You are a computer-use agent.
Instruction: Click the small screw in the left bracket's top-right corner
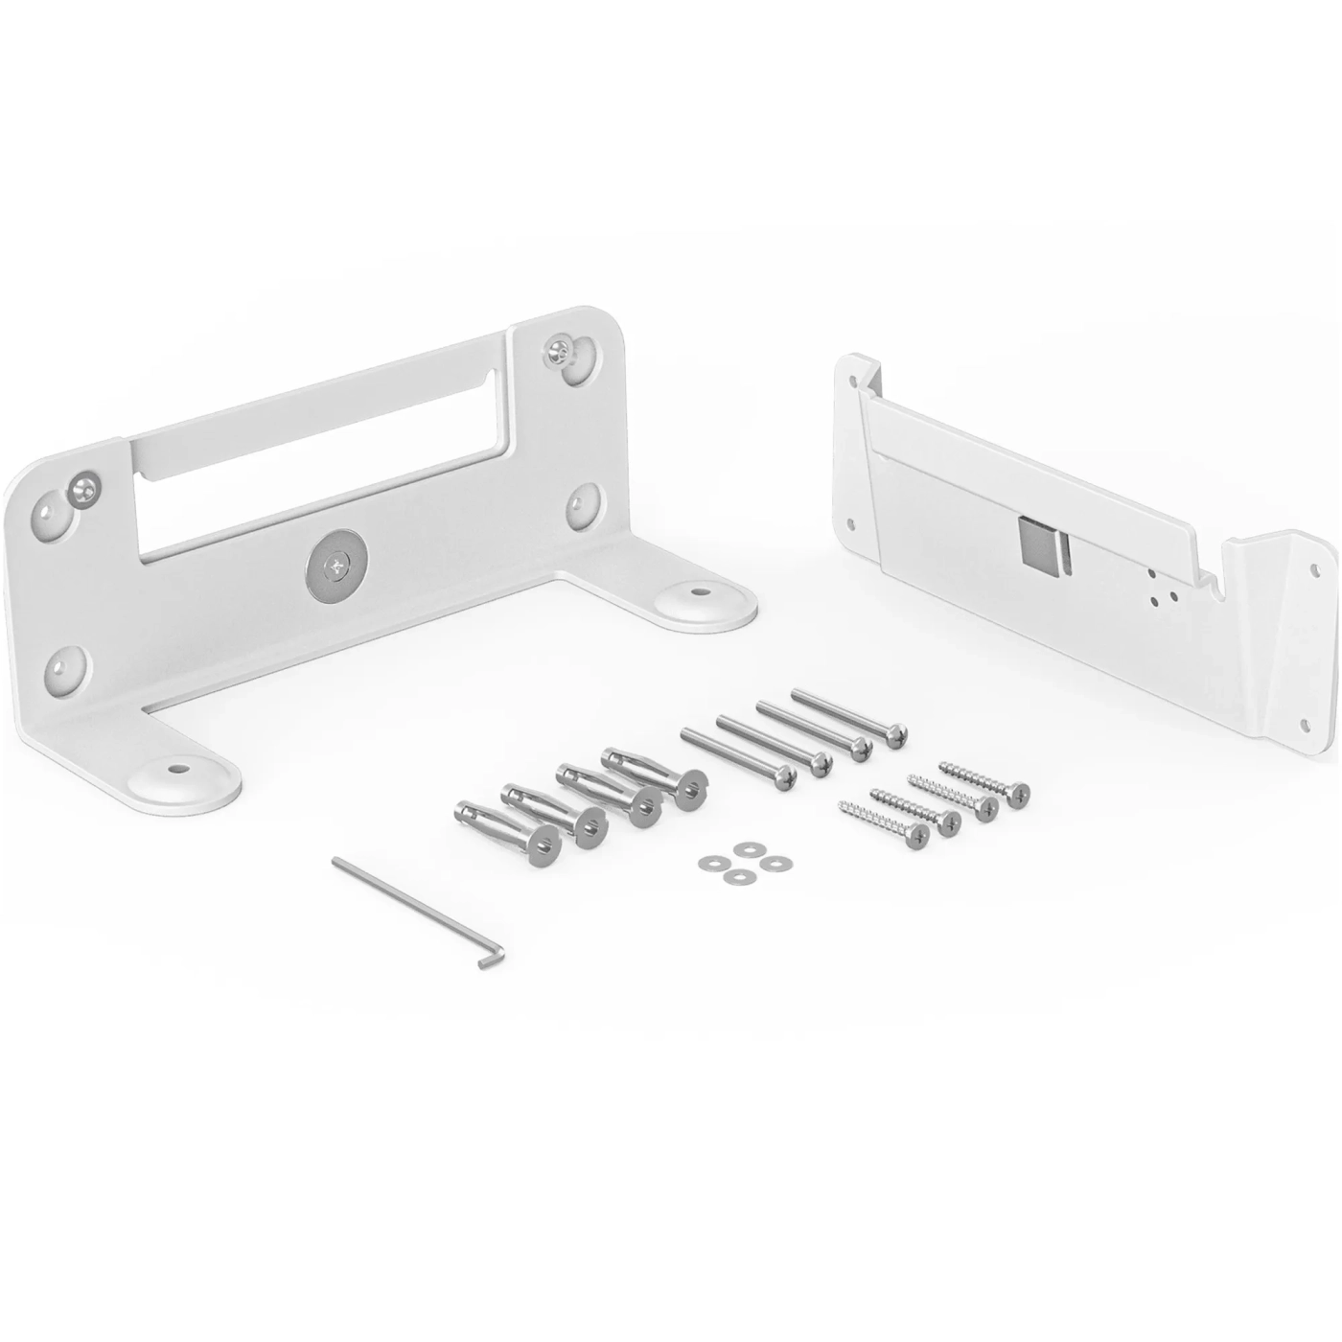pos(560,354)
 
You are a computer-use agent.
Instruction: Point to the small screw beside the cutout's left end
pos(84,489)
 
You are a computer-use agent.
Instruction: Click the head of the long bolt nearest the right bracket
pos(896,735)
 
